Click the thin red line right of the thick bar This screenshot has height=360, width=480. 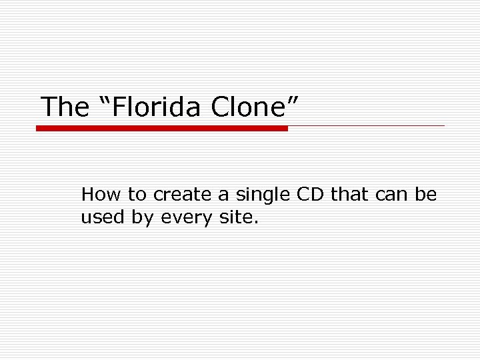click(x=366, y=125)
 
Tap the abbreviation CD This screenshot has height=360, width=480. click(x=309, y=195)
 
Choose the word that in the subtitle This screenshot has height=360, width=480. click(x=350, y=195)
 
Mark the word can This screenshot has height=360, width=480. click(x=393, y=195)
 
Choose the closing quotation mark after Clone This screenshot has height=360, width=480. click(x=291, y=100)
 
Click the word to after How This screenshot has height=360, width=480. click(x=137, y=195)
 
